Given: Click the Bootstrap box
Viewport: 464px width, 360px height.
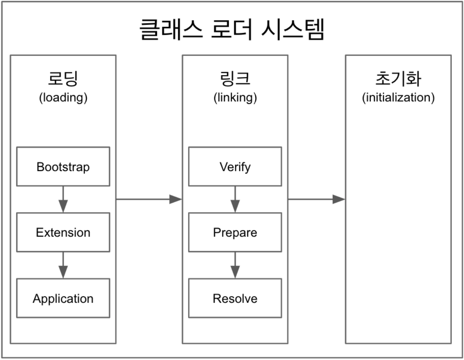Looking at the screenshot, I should point(63,167).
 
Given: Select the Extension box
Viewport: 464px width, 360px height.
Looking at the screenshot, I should point(63,232).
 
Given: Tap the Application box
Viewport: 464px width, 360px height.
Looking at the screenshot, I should point(63,298).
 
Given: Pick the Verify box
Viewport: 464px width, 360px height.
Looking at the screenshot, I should point(235,167).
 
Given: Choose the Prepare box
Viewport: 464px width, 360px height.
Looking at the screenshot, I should point(235,232).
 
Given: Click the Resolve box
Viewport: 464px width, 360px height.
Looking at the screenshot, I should point(235,298).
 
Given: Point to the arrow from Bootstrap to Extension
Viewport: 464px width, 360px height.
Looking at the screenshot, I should point(63,200).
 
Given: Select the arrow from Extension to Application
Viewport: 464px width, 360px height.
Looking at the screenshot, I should point(63,265).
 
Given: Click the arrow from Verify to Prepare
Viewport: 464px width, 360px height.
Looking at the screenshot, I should point(235,200).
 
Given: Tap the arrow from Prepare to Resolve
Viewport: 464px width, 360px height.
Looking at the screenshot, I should point(235,265).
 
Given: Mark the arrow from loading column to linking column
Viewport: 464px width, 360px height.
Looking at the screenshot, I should point(149,199).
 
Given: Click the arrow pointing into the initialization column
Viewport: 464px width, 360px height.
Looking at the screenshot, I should point(316,199).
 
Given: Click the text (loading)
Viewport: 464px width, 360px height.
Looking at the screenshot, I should point(63,98).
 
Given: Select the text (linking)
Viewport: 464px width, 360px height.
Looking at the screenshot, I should point(235,98).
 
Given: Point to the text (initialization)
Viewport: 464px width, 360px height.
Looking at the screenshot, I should point(398,98).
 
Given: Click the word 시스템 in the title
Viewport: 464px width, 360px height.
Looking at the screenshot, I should point(292,29).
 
